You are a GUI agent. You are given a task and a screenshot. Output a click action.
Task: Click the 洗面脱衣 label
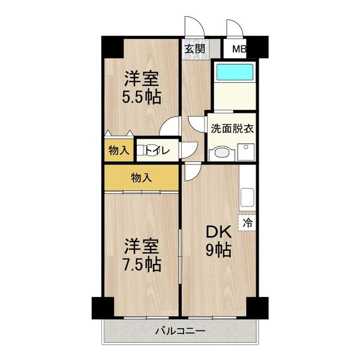point(231,128)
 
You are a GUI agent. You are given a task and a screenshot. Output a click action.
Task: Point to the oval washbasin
point(218,152)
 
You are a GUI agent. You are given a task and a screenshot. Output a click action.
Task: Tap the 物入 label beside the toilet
point(118,150)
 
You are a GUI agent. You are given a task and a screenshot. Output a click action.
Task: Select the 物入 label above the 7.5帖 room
point(142,177)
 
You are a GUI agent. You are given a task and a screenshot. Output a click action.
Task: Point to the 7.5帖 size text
point(142,264)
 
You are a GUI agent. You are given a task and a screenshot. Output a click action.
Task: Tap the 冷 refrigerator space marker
point(247,223)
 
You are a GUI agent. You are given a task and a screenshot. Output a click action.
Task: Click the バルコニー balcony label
point(180,331)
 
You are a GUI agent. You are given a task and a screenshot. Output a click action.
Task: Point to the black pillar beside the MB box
point(259,46)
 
